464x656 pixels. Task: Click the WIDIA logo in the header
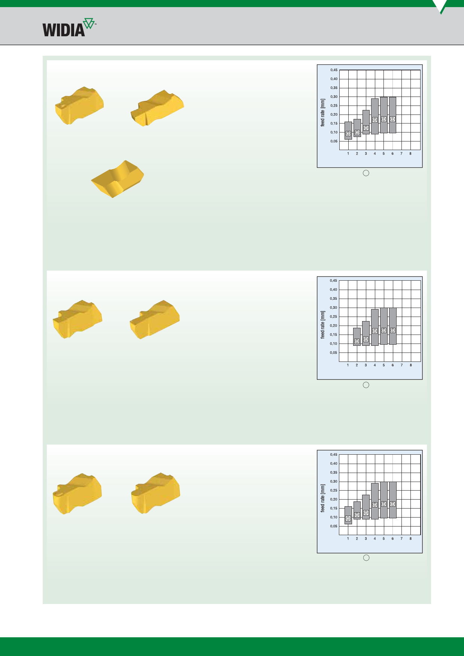point(69,27)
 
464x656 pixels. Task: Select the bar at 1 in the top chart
point(348,131)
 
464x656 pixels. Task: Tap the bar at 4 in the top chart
point(375,116)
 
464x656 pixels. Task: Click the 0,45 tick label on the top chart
point(334,70)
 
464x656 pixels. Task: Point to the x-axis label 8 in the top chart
point(410,153)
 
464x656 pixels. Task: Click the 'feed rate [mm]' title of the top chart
point(323,113)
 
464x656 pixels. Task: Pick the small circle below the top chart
point(366,173)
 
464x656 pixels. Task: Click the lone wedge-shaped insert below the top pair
point(118,179)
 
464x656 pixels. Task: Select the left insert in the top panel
point(79,106)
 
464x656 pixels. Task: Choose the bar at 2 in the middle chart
point(357,337)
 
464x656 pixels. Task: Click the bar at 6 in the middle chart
point(392,326)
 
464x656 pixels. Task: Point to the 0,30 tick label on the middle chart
point(334,308)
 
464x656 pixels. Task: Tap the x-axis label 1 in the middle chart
point(348,365)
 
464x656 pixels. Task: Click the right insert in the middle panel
point(155,320)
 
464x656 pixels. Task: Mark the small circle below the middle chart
point(366,385)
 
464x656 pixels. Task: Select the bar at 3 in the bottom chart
point(366,507)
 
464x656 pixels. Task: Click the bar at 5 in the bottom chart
point(384,500)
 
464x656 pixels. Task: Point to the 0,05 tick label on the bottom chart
point(334,526)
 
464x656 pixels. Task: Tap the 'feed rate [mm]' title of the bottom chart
point(323,498)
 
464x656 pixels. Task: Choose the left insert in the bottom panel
point(78,494)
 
